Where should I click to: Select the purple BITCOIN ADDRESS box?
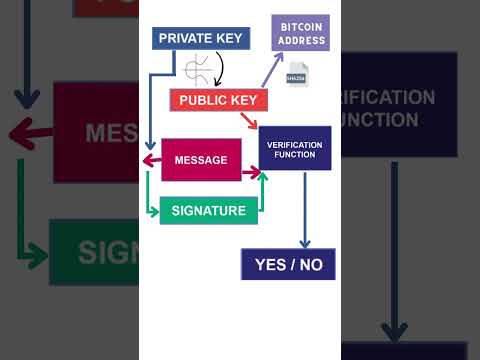pos(300,33)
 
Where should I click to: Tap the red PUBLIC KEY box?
pos(218,99)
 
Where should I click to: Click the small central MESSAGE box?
pos(201,160)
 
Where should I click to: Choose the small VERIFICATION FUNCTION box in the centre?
pos(294,149)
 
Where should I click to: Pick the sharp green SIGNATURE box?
pos(208,211)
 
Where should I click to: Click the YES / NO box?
pos(288,264)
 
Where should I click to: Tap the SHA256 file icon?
pos(297,74)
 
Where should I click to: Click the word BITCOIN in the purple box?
pos(300,26)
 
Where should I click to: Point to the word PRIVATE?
pos(182,38)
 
